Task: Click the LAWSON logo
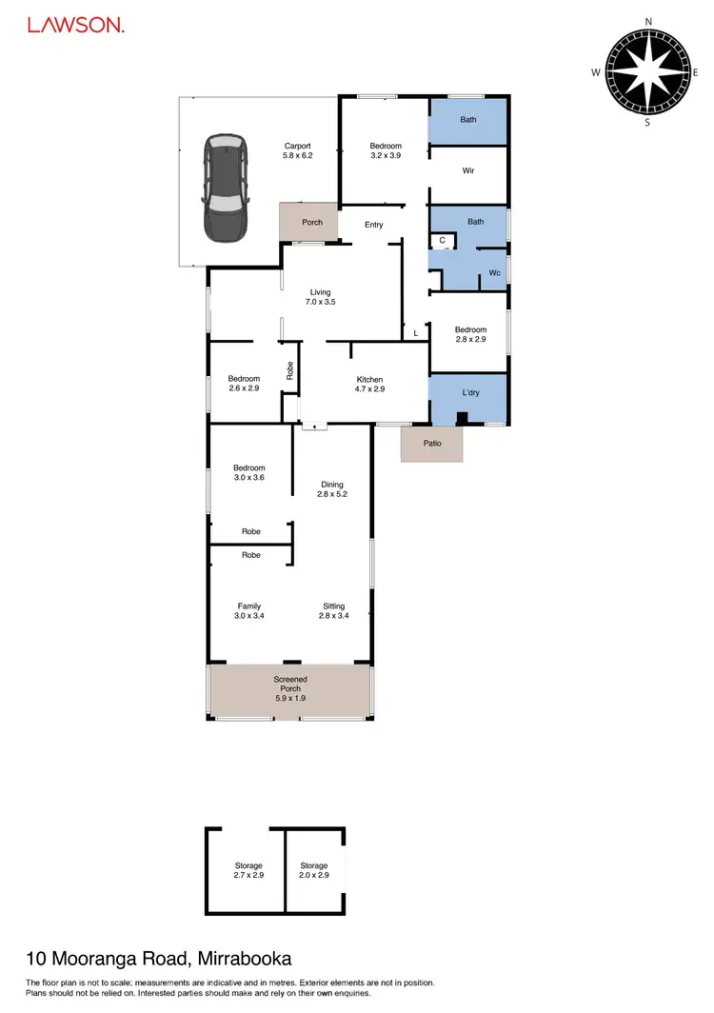[x=75, y=26]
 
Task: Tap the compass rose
[x=647, y=71]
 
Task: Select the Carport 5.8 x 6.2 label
[x=298, y=150]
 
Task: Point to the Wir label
[x=467, y=171]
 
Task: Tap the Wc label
[x=495, y=273]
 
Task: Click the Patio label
[x=433, y=443]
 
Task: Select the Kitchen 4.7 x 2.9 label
[x=363, y=384]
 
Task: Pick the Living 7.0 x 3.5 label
[x=321, y=297]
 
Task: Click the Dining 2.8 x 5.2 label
[x=331, y=489]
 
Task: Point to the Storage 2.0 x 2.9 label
[x=314, y=870]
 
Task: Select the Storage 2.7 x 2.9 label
[x=248, y=870]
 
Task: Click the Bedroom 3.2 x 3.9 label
[x=386, y=150]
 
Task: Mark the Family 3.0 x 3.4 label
[x=249, y=611]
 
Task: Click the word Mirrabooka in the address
[x=245, y=958]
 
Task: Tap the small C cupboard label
[x=443, y=240]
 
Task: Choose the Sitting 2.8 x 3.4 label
[x=332, y=611]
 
